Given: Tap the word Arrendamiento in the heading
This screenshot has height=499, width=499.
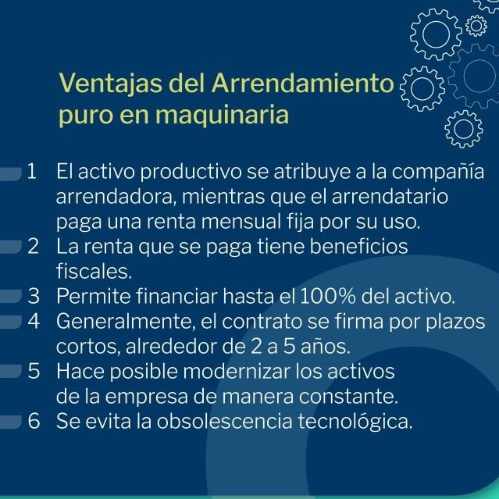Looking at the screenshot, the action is (303, 83).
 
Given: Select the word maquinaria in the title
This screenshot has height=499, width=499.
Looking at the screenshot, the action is (222, 116).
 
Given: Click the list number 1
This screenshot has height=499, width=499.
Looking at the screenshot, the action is (32, 171).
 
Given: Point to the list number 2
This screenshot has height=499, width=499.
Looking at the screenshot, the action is (33, 246).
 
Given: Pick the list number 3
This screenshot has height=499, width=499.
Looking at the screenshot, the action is (34, 296).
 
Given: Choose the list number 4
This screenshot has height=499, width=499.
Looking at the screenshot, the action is (34, 321).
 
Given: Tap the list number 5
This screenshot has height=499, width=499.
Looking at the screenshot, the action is (34, 371).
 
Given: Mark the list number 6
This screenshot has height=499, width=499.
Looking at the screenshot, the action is (34, 420).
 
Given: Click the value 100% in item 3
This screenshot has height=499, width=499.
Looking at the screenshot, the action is (328, 296).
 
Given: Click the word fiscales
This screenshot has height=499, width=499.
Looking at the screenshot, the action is (94, 271).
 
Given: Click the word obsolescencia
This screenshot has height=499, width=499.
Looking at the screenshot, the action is (224, 421).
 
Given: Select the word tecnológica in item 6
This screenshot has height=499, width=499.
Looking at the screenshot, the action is (355, 422).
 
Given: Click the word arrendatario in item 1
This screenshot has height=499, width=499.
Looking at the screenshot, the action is (390, 196).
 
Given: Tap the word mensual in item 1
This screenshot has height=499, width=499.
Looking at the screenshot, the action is (241, 221).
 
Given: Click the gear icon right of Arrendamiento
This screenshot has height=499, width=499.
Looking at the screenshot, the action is (422, 88).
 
